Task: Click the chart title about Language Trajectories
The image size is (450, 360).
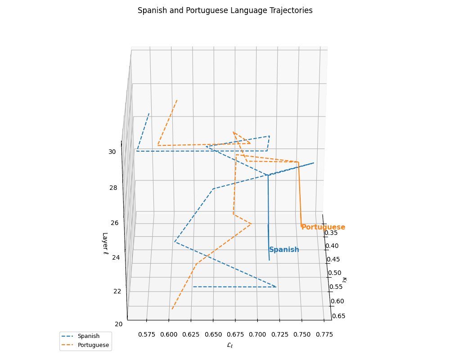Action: (x=225, y=10)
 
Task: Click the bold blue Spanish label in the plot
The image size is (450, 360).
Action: (x=284, y=250)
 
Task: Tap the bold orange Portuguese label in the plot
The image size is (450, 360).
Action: (x=323, y=227)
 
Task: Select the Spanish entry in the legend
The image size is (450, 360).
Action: (x=88, y=336)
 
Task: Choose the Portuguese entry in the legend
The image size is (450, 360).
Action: (x=93, y=345)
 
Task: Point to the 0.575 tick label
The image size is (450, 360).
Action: (x=147, y=334)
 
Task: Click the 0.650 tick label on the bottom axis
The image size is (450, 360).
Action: (x=213, y=334)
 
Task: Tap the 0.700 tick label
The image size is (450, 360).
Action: (x=257, y=334)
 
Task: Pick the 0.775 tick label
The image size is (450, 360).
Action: (x=324, y=334)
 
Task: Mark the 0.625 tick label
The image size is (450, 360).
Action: (x=191, y=334)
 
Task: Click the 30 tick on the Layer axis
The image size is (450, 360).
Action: (x=112, y=152)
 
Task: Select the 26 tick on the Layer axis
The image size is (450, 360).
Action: (x=113, y=223)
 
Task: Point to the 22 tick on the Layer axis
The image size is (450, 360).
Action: (x=116, y=291)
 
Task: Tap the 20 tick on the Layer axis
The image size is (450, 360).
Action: (x=118, y=324)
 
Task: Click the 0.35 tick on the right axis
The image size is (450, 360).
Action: (x=331, y=233)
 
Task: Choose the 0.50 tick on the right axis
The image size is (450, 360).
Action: (x=335, y=273)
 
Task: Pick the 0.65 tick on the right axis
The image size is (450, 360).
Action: (x=338, y=316)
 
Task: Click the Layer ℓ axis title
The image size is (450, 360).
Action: (x=105, y=243)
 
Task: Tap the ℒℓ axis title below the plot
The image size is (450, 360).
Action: (x=229, y=345)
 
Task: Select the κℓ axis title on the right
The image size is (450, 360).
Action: (x=344, y=280)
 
